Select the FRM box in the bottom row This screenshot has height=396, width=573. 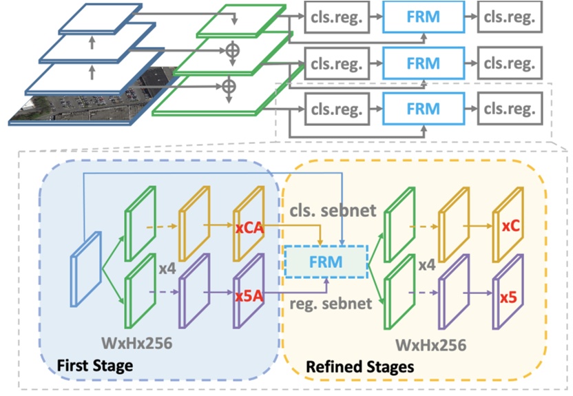point(422,109)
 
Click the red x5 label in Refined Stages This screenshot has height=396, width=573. point(508,298)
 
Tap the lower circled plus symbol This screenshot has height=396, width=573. point(227,85)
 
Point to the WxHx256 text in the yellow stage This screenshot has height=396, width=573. point(432,342)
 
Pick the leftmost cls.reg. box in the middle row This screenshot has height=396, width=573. point(335,63)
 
